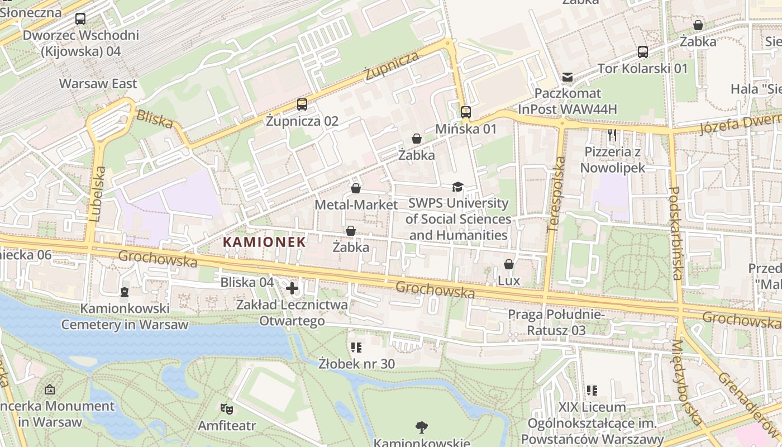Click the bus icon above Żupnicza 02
[x=302, y=104]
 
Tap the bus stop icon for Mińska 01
[x=466, y=112]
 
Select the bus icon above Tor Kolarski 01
[x=643, y=52]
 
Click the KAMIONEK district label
[x=264, y=242]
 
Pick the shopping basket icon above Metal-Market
[x=356, y=188]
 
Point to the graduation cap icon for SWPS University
[x=458, y=187]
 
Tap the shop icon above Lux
[x=509, y=264]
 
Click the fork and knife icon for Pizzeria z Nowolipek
[x=612, y=135]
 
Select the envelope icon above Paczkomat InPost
[x=568, y=77]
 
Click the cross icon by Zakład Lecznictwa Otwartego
[x=292, y=288]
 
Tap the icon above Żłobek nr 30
[x=356, y=348]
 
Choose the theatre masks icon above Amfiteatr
[x=227, y=409]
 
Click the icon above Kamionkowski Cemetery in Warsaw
[x=125, y=292]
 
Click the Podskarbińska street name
[x=675, y=233]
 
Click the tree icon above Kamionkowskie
[x=422, y=427]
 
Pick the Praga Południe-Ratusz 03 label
[x=556, y=322]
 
